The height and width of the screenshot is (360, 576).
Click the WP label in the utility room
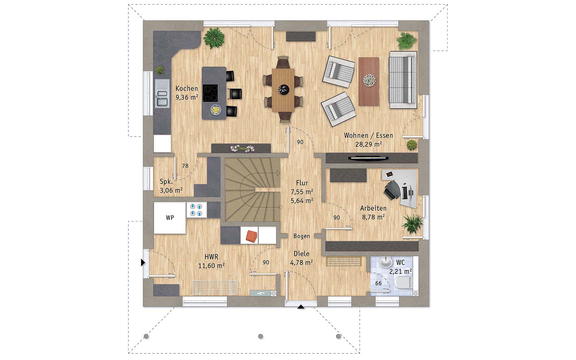click(x=170, y=217)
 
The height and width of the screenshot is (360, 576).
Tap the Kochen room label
click(x=187, y=88)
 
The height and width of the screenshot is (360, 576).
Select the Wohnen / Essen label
click(x=368, y=135)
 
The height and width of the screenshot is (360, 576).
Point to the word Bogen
click(x=301, y=236)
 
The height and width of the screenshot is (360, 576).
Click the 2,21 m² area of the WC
click(x=400, y=271)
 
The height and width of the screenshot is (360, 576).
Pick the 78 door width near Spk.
click(x=185, y=166)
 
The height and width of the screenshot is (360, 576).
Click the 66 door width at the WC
click(x=378, y=283)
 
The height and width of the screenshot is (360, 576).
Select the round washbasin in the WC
click(x=385, y=262)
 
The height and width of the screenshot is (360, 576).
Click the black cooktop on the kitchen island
click(x=210, y=93)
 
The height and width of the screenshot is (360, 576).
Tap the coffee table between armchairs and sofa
click(x=369, y=82)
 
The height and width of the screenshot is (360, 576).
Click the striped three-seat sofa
click(x=403, y=80)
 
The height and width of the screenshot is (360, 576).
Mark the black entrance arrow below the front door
click(x=301, y=307)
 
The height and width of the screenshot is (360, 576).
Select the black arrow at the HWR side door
click(x=143, y=263)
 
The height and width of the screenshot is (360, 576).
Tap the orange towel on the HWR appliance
click(x=252, y=236)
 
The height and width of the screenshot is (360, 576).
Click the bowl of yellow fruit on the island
click(x=215, y=110)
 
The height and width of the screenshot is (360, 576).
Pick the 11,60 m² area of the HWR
click(x=211, y=266)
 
